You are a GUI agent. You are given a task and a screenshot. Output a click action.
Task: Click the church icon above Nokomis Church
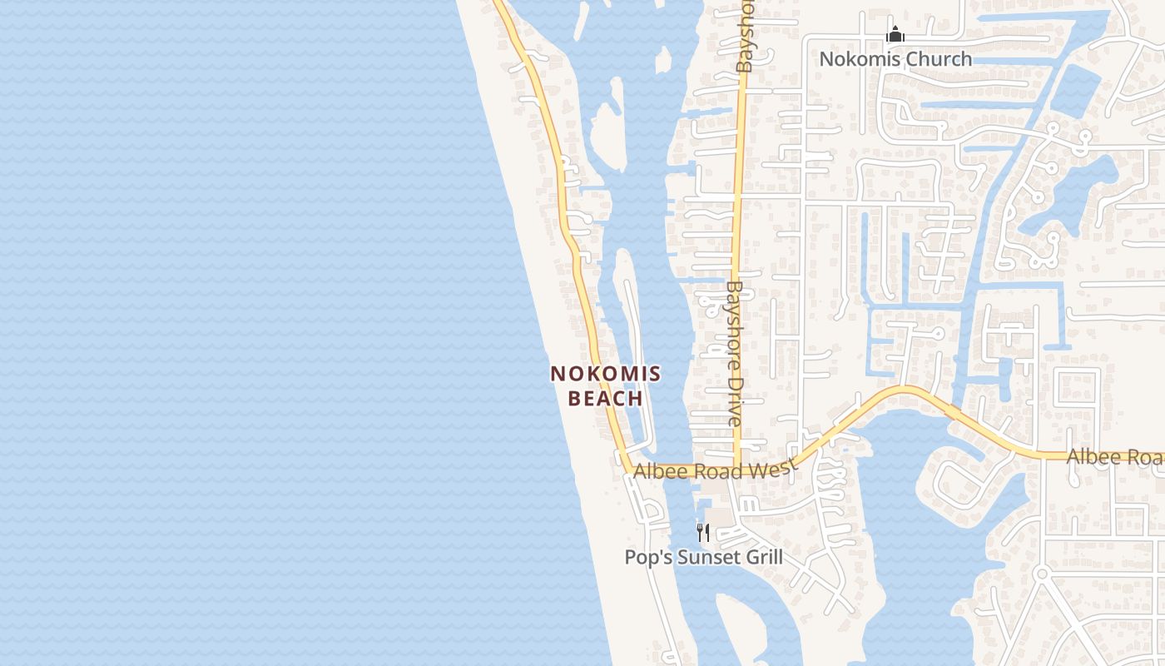pyautogui.click(x=895, y=35)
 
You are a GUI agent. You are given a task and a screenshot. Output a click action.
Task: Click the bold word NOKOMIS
pyautogui.click(x=606, y=374)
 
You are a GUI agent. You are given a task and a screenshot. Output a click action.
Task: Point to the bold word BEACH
pyautogui.click(x=606, y=399)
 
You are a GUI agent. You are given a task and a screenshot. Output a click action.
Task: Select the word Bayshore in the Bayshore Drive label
pyautogui.click(x=734, y=326)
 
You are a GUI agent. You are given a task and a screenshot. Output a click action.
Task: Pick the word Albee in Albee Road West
pyautogui.click(x=655, y=472)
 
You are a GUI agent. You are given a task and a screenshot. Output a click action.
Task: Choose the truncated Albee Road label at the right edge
pyautogui.click(x=1115, y=457)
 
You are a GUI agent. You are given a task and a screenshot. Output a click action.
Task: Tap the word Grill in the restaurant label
pyautogui.click(x=761, y=557)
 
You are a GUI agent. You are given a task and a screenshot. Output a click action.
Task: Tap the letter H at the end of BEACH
pyautogui.click(x=636, y=399)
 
